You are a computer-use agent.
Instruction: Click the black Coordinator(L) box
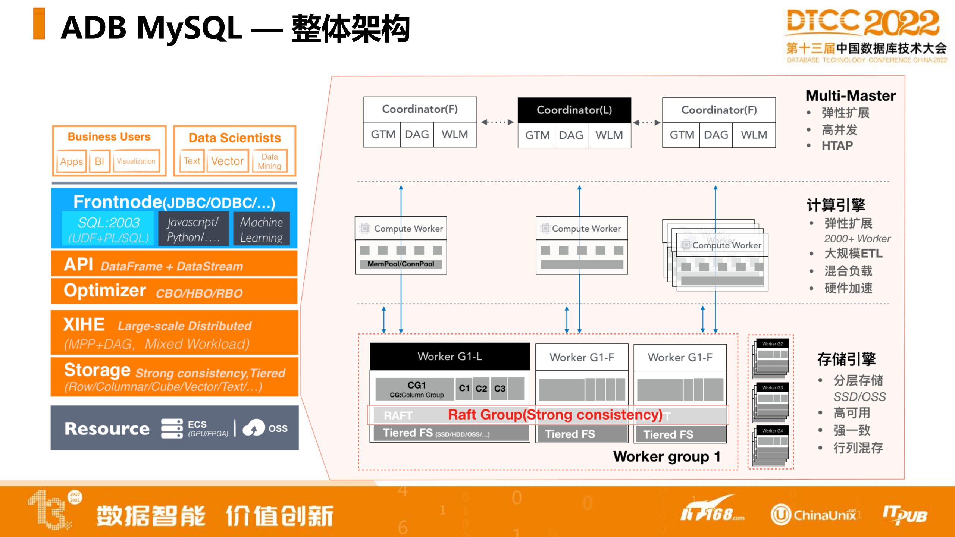[x=574, y=110]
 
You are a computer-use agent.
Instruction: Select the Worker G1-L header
[x=450, y=357]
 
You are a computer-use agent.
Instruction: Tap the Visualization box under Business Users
[x=136, y=161]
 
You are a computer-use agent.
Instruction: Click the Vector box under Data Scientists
[x=227, y=161]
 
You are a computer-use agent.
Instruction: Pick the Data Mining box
[x=269, y=161]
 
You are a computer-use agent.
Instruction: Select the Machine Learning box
[x=261, y=229]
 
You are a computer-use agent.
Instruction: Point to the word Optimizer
[x=105, y=291]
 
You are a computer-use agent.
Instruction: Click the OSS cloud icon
[x=254, y=428]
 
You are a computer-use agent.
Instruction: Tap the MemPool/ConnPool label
[x=401, y=264]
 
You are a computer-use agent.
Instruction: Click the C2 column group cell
[x=481, y=389]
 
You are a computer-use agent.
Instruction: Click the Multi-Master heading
[x=851, y=96]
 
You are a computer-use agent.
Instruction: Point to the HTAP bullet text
[x=837, y=145]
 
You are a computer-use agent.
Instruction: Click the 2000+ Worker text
[x=857, y=239]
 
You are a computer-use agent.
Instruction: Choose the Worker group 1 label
[x=667, y=456]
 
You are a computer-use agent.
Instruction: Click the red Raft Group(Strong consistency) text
[x=555, y=415]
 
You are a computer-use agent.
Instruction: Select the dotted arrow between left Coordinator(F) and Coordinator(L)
[x=497, y=122]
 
